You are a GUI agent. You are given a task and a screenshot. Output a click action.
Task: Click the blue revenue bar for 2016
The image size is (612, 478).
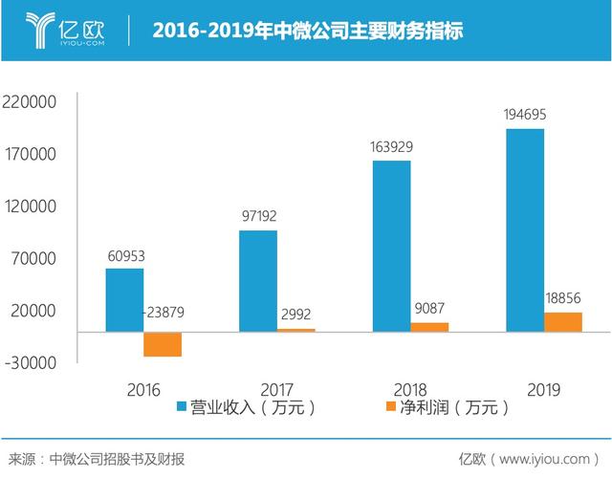click(124, 300)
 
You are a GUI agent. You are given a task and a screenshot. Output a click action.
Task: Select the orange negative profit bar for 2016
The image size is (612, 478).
click(163, 344)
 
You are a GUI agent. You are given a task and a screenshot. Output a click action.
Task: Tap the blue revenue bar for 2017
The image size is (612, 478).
click(258, 281)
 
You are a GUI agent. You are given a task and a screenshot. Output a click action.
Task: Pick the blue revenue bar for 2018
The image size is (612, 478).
click(391, 246)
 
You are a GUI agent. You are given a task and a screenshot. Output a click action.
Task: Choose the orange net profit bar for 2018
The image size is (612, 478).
click(429, 327)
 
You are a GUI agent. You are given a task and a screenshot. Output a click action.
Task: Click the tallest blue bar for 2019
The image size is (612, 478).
click(525, 230)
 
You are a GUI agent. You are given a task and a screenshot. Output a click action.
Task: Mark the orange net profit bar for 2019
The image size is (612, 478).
click(563, 322)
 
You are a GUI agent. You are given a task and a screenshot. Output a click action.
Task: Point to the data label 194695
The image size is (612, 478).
click(526, 116)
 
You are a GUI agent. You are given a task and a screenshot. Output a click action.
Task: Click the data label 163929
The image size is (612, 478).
click(392, 147)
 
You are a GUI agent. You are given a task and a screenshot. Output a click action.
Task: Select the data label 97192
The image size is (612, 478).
click(258, 217)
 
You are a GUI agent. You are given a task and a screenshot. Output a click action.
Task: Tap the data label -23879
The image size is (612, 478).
click(164, 313)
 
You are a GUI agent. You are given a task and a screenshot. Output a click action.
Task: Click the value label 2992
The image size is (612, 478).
click(295, 314)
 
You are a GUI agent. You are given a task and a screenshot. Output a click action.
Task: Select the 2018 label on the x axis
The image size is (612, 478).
click(410, 389)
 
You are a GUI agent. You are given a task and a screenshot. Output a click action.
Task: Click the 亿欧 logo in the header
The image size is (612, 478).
click(62, 30)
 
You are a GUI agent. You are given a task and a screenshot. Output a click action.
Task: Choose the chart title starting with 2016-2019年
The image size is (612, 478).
click(308, 31)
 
